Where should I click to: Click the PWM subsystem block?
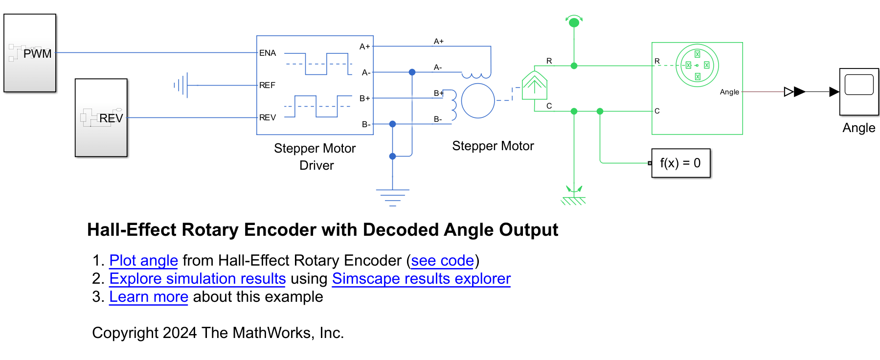tap(30, 53)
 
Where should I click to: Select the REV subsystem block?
tap(101, 117)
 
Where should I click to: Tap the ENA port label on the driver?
tap(268, 53)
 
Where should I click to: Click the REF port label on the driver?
tap(267, 85)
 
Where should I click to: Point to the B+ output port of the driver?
tap(365, 98)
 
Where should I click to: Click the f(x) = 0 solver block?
tap(680, 163)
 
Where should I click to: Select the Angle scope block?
tap(859, 92)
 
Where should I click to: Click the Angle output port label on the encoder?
tap(729, 92)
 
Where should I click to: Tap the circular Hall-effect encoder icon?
tap(697, 65)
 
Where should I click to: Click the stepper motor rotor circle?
tap(478, 101)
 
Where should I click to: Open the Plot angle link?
tap(143, 260)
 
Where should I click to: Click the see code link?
tap(442, 260)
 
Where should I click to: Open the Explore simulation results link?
tap(197, 278)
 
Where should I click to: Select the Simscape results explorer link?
tap(421, 278)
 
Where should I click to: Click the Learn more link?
tap(148, 296)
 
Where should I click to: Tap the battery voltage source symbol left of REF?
tap(182, 85)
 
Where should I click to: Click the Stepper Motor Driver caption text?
tap(315, 157)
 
